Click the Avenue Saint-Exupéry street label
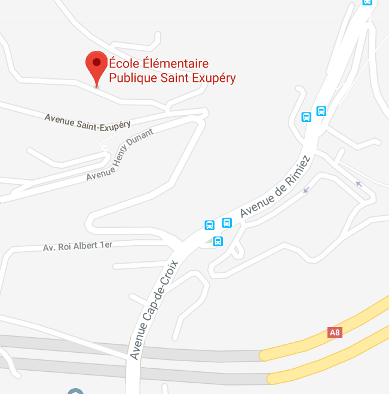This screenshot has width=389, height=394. (87, 122)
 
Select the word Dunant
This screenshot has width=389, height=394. (142, 141)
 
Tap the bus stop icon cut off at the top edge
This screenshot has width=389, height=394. (367, 2)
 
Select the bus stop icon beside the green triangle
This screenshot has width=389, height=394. (218, 242)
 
